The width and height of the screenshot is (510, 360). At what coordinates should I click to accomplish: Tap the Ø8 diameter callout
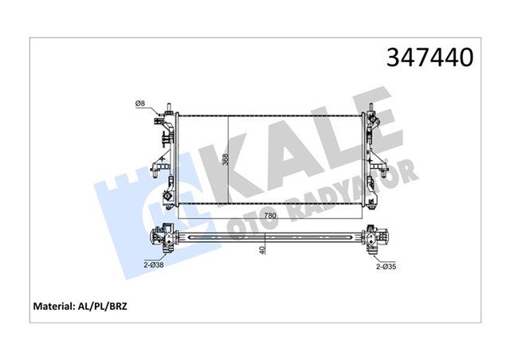point(140,102)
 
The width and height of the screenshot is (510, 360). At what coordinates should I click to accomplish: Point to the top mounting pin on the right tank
point(371,106)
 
